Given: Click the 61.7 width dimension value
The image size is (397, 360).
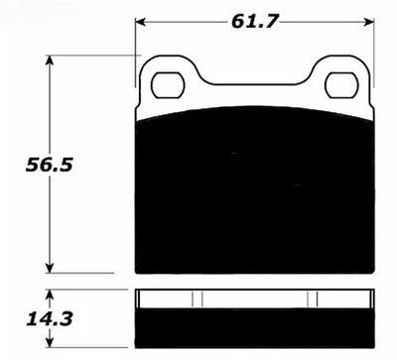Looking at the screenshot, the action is click(254, 22).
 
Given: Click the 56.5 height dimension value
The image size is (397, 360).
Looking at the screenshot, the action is click(49, 165).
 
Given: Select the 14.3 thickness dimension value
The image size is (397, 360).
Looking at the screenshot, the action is click(50, 319).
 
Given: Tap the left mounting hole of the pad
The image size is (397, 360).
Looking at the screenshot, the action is click(168, 85).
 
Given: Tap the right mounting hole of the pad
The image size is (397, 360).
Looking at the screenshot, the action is click(342, 85).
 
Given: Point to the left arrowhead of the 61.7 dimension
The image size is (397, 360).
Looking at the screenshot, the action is click(140, 22).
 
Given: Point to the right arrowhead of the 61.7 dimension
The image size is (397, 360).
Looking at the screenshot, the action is click(368, 22).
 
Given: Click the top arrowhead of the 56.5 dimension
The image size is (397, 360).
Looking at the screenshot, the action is click(50, 60).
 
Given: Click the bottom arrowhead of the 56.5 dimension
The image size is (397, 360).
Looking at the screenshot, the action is click(50, 268).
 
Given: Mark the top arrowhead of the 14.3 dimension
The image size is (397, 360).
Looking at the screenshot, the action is click(50, 296).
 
